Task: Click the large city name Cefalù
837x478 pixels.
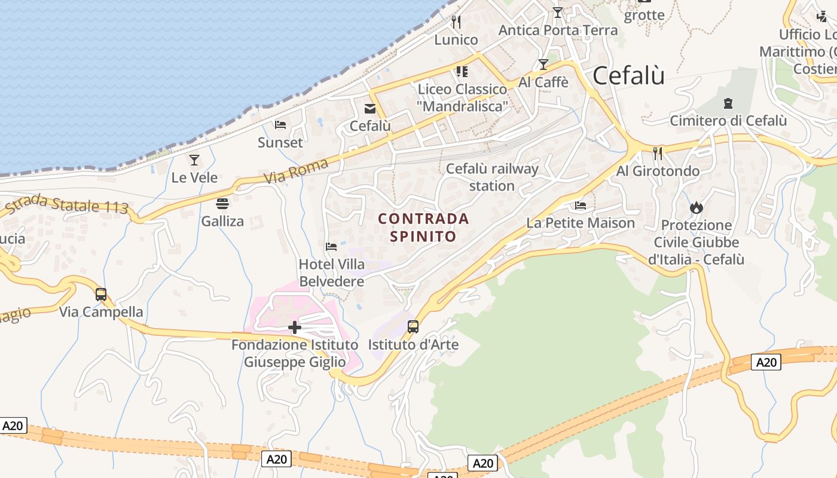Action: tap(628, 76)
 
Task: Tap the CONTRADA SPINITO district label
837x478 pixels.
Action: tap(423, 227)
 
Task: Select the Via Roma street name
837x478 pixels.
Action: tap(296, 171)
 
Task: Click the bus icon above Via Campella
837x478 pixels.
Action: tap(101, 295)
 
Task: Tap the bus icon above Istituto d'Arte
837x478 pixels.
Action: tap(413, 327)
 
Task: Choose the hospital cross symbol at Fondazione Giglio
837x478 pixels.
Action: tap(295, 327)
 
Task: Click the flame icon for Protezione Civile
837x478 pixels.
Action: tap(696, 207)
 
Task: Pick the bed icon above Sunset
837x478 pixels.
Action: tap(280, 125)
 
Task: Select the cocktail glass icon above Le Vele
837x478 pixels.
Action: tap(194, 160)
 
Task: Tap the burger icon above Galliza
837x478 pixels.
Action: tap(222, 204)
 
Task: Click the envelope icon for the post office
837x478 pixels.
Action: tap(370, 108)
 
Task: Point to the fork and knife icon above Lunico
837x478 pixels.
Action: tap(456, 22)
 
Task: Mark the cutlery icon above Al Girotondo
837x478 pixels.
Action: tap(658, 154)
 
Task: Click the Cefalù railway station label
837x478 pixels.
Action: tap(492, 177)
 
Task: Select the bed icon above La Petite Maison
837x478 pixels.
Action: tap(581, 206)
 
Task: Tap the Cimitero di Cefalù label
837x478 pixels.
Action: tap(728, 121)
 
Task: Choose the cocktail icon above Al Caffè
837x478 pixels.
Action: tap(543, 65)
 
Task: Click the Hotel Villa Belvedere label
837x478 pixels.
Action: tap(332, 272)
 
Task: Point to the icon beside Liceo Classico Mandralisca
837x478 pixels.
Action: tap(462, 72)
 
